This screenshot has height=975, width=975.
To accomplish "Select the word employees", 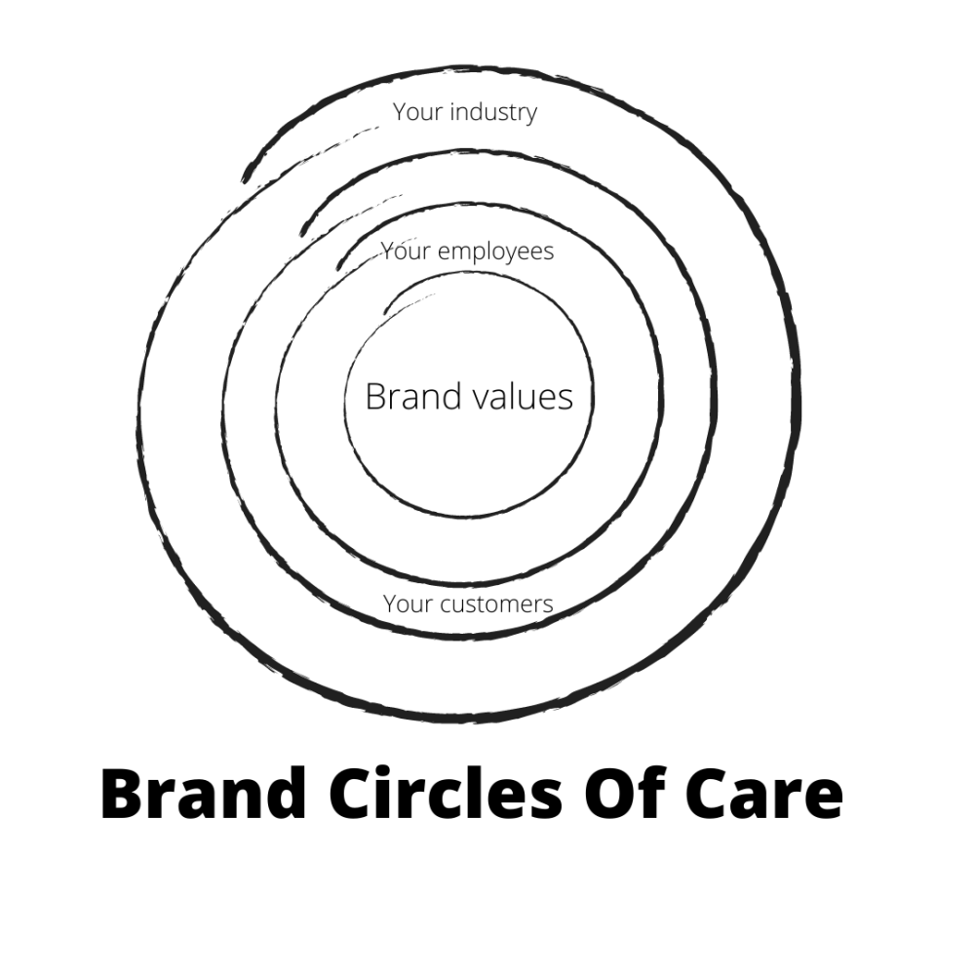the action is pos(495,252).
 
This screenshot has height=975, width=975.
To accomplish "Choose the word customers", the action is pos(496,604).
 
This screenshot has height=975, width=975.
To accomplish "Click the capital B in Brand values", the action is pos(375,397).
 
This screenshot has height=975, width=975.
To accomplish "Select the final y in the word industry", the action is pos(530,115).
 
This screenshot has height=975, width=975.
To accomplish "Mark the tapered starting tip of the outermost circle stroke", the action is pos(244,179).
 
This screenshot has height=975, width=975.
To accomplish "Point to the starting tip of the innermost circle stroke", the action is pos(387,312).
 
